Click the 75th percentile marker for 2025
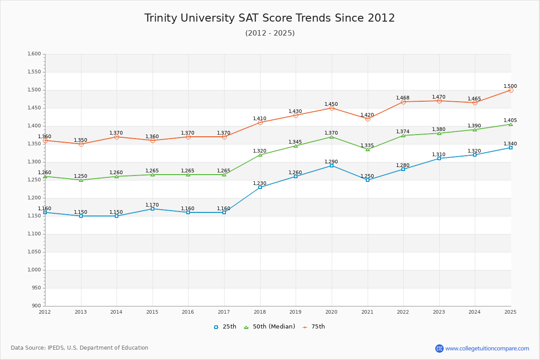click(x=511, y=90)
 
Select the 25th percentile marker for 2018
click(x=260, y=187)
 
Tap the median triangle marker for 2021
click(x=368, y=149)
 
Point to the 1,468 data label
click(x=403, y=98)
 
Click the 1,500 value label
click(x=510, y=86)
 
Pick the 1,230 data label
click(x=260, y=183)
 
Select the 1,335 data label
click(x=367, y=145)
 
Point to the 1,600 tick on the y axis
click(x=34, y=54)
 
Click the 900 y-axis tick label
click(x=36, y=306)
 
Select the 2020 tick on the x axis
click(x=331, y=312)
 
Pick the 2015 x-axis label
click(x=152, y=312)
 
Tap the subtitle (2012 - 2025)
click(x=270, y=33)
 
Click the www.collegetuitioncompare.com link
click(x=487, y=348)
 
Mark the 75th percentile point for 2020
click(x=332, y=108)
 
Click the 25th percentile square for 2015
click(x=153, y=209)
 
